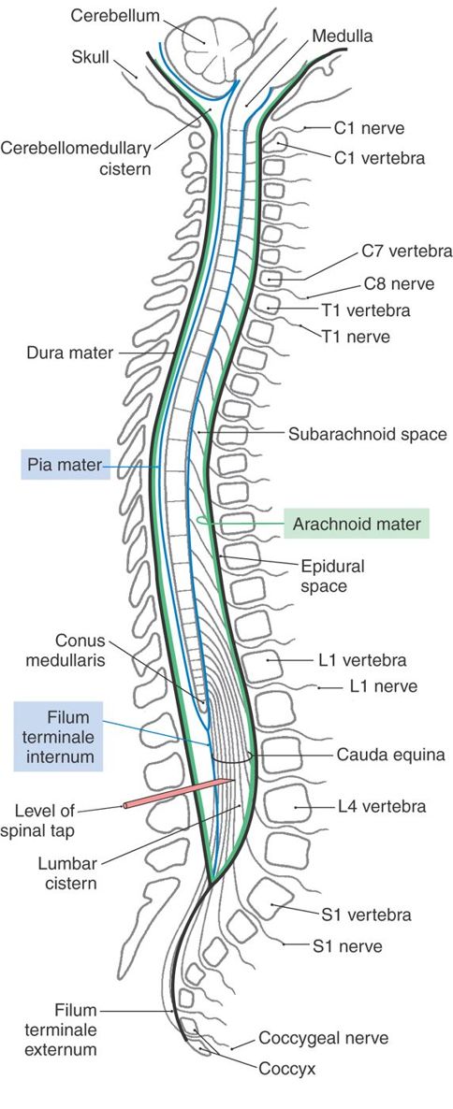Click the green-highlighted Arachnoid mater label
point(357,524)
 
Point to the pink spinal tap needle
point(178,791)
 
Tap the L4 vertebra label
point(382,804)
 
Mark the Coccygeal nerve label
point(323,1038)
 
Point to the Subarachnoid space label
point(359,434)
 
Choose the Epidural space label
point(332,576)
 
